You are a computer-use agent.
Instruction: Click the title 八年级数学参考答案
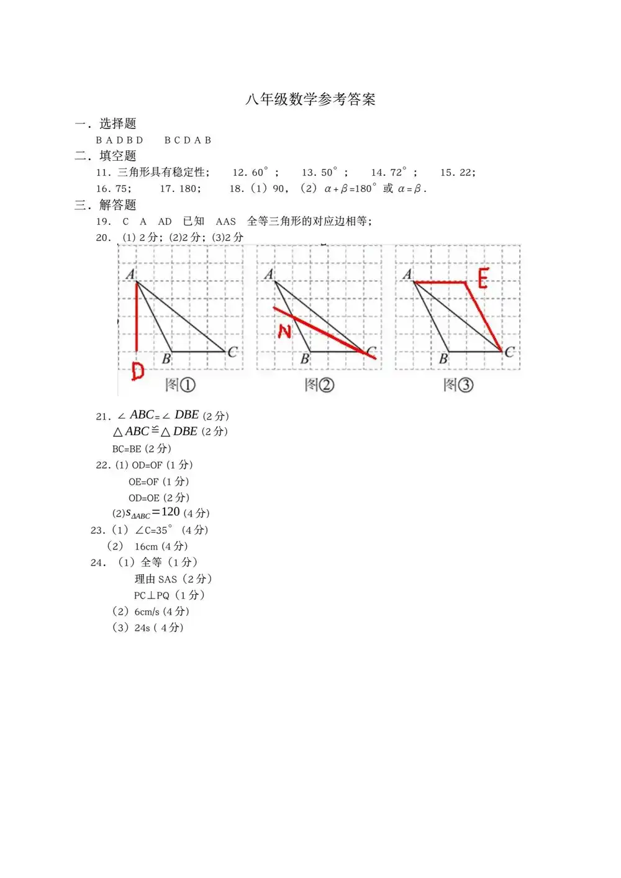tap(310, 99)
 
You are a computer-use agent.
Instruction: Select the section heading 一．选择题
tap(106, 124)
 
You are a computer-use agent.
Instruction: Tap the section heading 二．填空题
tap(106, 156)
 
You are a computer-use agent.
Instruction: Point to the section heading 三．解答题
tap(106, 205)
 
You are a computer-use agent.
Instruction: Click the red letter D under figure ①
tap(137, 371)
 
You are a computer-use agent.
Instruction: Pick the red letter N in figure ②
tap(284, 331)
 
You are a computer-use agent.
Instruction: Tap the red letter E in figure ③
tap(483, 278)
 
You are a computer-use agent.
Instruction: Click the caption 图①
tap(180, 385)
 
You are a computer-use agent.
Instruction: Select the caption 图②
tap(319, 385)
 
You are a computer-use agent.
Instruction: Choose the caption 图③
tap(458, 385)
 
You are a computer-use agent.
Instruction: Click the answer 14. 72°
tap(389, 173)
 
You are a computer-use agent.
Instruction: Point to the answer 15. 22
tap(458, 173)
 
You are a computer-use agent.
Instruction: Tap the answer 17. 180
tap(180, 189)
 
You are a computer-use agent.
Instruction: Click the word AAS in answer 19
tap(226, 222)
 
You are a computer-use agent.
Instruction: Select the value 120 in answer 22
tap(171, 512)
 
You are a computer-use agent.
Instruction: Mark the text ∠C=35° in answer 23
tap(153, 530)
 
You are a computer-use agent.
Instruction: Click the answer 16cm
tap(147, 546)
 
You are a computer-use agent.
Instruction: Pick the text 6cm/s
tap(147, 612)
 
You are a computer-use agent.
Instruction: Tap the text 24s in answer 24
tap(142, 628)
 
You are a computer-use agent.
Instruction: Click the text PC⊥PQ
tap(152, 595)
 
